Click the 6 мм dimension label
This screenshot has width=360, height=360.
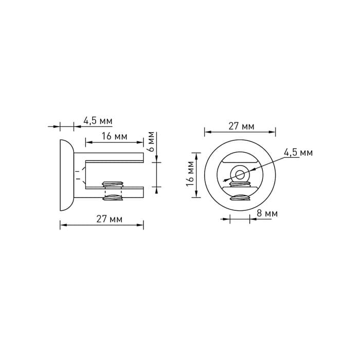click(151, 141)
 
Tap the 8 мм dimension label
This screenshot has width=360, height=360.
click(267, 213)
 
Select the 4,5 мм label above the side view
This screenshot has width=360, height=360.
click(98, 121)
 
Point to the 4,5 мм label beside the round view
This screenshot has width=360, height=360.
click(298, 153)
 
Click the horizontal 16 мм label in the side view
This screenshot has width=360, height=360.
click(114, 136)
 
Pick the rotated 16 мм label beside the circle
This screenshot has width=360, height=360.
click(190, 174)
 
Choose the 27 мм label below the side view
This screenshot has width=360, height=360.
click(109, 219)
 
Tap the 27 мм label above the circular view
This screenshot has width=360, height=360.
click(241, 127)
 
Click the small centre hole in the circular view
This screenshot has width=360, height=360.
click(240, 174)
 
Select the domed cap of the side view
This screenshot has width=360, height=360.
click(67, 175)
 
